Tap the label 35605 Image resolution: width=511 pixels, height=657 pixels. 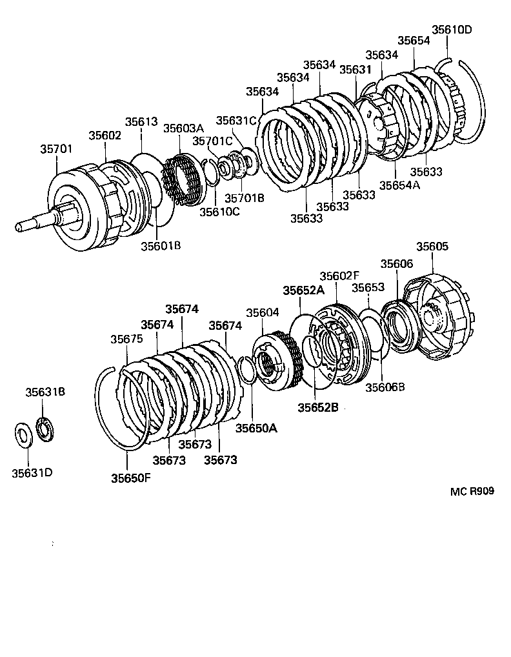click(432, 247)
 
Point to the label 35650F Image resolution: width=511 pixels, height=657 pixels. click(130, 478)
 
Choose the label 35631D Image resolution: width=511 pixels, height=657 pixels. click(32, 472)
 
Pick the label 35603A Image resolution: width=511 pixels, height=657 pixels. click(183, 128)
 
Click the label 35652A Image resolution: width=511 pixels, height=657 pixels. click(303, 290)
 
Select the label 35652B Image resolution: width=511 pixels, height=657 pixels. click(317, 407)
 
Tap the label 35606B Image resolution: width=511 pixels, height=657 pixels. click(385, 387)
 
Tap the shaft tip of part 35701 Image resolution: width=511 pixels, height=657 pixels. click(19, 227)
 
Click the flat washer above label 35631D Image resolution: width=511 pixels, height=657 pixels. click(23, 434)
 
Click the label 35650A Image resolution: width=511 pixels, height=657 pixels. click(255, 428)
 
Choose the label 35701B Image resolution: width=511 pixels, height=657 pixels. click(244, 198)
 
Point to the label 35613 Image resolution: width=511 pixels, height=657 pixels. click(141, 121)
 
